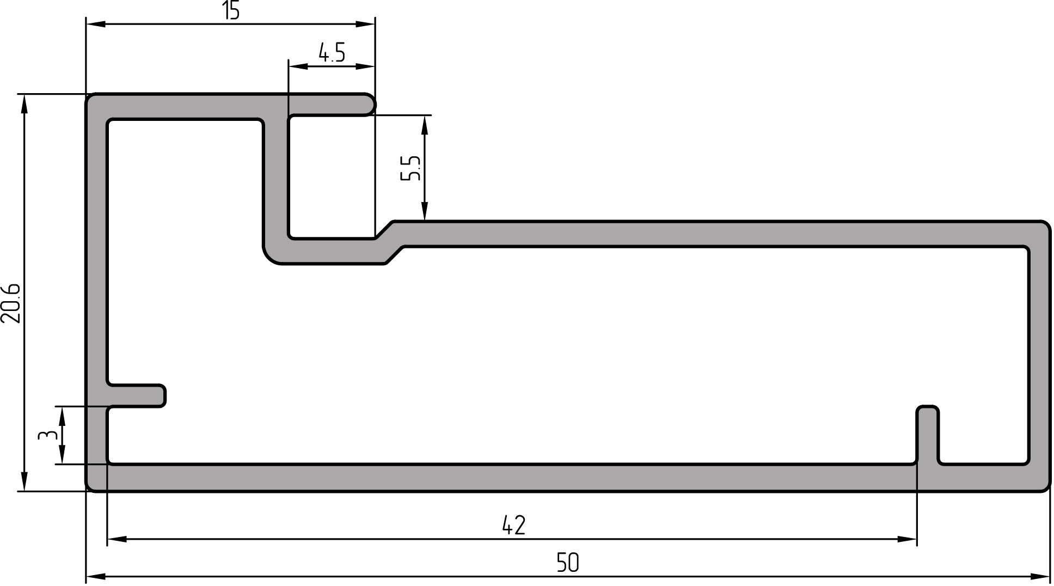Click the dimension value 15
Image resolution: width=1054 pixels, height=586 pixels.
[231, 11]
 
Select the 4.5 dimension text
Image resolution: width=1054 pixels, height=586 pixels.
[332, 53]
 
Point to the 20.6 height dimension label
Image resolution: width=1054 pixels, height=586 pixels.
[11, 303]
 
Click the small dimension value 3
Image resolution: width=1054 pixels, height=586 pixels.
[47, 435]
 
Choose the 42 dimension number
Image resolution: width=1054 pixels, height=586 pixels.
[513, 526]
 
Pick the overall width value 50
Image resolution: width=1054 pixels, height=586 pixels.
[568, 563]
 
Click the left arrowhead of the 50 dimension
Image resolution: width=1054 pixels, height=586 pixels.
[96, 576]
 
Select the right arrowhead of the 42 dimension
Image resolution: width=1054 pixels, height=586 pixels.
[908, 539]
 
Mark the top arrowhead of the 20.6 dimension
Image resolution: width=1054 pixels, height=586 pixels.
[24, 103]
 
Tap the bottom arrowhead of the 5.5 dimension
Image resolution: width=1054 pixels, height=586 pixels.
[425, 212]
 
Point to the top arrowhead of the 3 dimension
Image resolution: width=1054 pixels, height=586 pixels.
[62, 416]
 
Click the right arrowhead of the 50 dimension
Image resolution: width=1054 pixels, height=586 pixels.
[1040, 576]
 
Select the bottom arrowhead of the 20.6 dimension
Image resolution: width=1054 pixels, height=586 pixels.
[24, 481]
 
